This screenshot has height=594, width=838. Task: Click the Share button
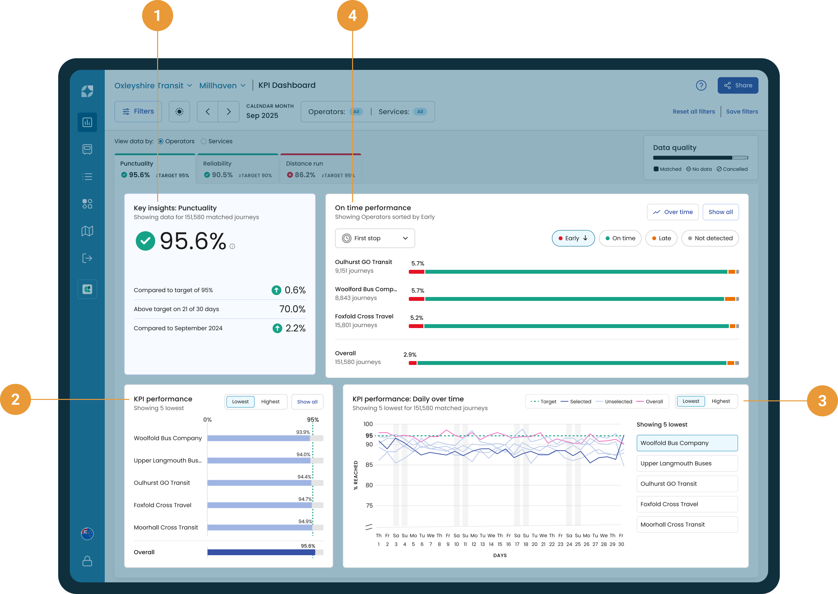tap(737, 85)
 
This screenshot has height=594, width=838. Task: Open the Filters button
tap(138, 112)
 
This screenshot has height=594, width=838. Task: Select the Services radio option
tap(217, 141)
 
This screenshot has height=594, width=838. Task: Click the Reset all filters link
tap(693, 112)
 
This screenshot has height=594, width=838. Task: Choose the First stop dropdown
tap(375, 238)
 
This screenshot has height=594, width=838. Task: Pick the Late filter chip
tap(661, 238)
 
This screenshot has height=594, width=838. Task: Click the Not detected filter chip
tap(710, 238)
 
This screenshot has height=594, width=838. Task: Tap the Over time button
tap(672, 212)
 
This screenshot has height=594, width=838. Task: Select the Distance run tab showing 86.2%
tap(320, 169)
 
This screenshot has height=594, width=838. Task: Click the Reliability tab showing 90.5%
tap(238, 169)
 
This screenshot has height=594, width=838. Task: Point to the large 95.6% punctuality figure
tap(193, 241)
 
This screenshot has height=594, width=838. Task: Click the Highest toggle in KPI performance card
tap(270, 401)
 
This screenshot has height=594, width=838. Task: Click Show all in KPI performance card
tap(307, 401)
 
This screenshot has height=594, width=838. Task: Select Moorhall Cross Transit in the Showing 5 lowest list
tap(687, 524)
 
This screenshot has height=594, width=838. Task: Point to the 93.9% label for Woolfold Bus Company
tap(303, 432)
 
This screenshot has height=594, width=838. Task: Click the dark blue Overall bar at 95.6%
tap(261, 552)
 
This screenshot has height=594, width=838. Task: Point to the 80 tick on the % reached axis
tap(369, 485)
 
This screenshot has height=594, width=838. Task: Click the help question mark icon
tap(701, 86)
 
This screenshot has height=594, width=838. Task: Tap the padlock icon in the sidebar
tap(87, 561)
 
